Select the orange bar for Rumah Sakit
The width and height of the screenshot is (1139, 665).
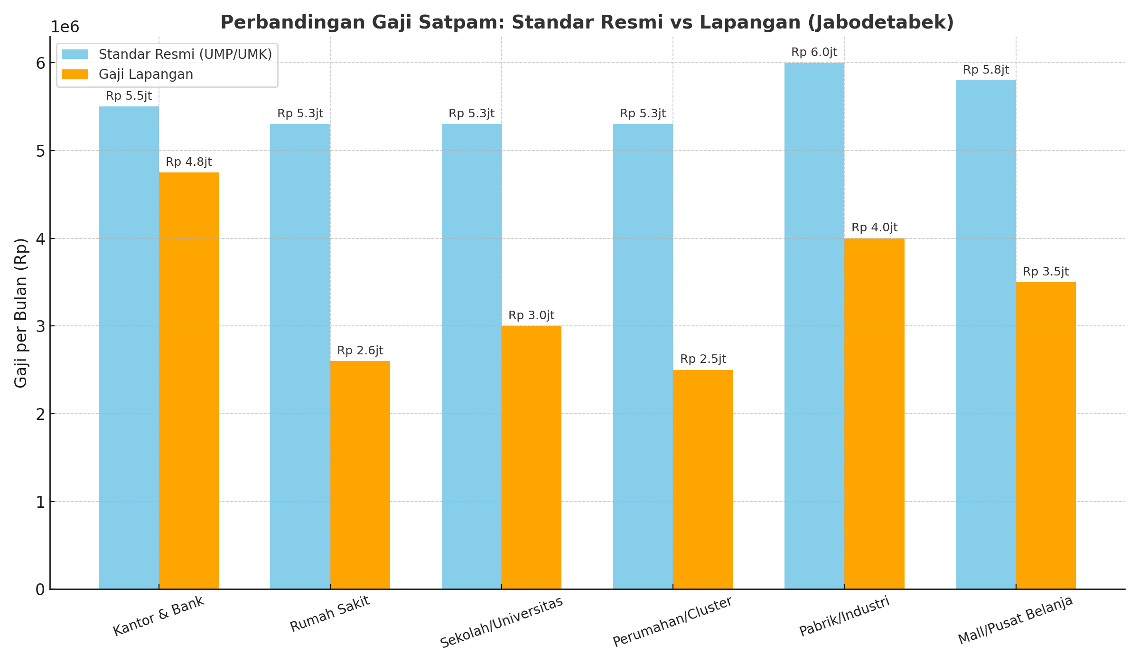pos(360,475)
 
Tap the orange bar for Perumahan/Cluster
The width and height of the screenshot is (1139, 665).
pos(703,480)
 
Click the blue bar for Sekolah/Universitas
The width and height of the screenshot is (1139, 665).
pos(472,356)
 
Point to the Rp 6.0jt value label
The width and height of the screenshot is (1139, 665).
pos(814,52)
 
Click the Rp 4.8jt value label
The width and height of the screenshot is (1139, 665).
pos(189,162)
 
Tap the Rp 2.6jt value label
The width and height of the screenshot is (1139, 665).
pos(360,351)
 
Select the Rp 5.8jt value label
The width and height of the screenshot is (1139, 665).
pos(986,70)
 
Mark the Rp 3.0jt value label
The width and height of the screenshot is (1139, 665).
pos(532,315)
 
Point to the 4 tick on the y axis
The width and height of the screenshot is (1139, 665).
pos(40,238)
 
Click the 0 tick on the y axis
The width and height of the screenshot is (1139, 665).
pos(40,589)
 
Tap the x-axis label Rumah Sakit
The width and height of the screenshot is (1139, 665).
pos(330,614)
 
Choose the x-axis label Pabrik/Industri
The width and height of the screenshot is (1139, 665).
pos(844,617)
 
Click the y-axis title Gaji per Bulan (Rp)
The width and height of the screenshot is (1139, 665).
pos(21,313)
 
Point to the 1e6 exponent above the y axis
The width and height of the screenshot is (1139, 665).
pos(65,27)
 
